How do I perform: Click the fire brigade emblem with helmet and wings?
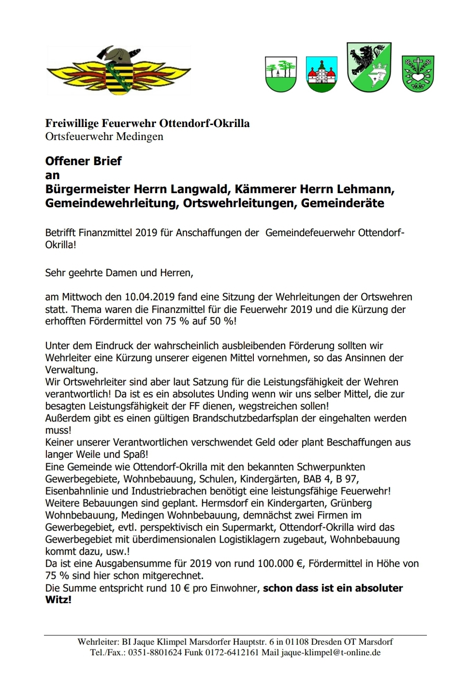tap(118, 71)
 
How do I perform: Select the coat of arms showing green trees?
tap(281, 74)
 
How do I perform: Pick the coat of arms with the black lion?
tap(369, 67)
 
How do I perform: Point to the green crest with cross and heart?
tap(418, 73)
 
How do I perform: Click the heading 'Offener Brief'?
tap(83, 161)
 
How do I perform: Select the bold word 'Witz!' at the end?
tap(58, 600)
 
